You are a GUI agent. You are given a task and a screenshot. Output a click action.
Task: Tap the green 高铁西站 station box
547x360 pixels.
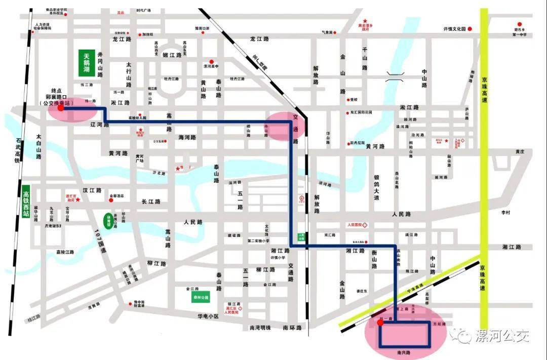tap(26, 201)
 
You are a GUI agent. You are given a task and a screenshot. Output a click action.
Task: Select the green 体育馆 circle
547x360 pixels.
tap(107, 219)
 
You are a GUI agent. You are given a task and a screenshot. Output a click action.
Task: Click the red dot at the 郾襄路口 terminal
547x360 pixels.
tap(61, 107)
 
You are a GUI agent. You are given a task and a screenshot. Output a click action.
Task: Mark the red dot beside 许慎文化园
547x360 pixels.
tap(470, 29)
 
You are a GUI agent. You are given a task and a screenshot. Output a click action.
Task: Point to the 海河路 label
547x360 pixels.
tap(187, 137)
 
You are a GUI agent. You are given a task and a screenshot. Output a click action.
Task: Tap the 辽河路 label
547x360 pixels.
tap(99, 124)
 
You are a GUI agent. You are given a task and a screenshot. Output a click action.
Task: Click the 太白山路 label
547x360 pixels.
tap(38, 147)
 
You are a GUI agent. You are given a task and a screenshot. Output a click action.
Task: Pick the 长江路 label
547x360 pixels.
tap(151, 202)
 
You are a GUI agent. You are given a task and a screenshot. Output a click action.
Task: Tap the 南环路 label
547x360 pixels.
tap(292, 328)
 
